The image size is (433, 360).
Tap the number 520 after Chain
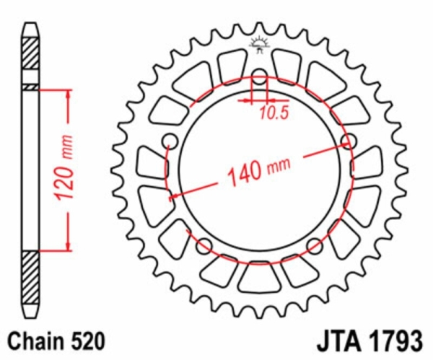pos(88,341)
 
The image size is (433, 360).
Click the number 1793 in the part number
pos(396,342)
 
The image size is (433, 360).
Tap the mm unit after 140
pos(279,164)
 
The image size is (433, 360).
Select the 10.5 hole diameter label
pos(274,113)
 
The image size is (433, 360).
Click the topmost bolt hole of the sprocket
pos(260,76)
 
